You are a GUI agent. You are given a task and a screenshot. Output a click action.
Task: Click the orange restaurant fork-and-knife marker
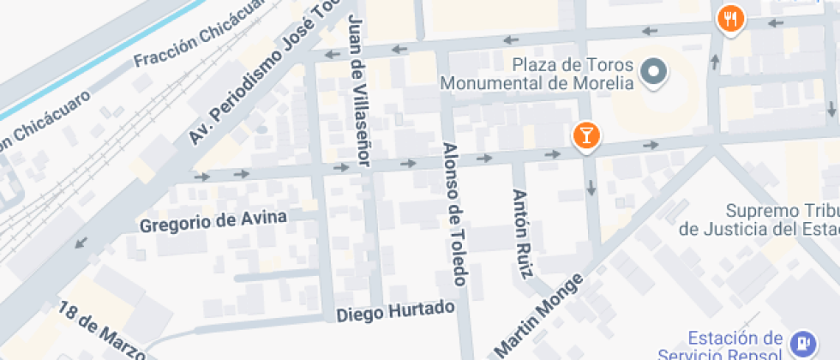coord(730,18)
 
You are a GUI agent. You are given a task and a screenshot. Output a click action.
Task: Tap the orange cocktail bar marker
coord(587,135)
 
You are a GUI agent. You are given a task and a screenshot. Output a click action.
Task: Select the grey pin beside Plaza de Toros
coord(656,73)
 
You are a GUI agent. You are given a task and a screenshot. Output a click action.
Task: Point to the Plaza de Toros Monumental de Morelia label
coord(537,74)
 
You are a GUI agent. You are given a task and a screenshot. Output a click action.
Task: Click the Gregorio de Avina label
coord(213,221)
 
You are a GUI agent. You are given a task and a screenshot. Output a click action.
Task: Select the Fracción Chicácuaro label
coord(196,40)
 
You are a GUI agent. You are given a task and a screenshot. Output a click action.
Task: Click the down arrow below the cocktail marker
coord(591,187)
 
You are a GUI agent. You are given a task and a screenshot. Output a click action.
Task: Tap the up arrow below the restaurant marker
coord(716,62)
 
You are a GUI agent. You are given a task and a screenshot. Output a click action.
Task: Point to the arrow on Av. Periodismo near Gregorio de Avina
coord(81,243)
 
